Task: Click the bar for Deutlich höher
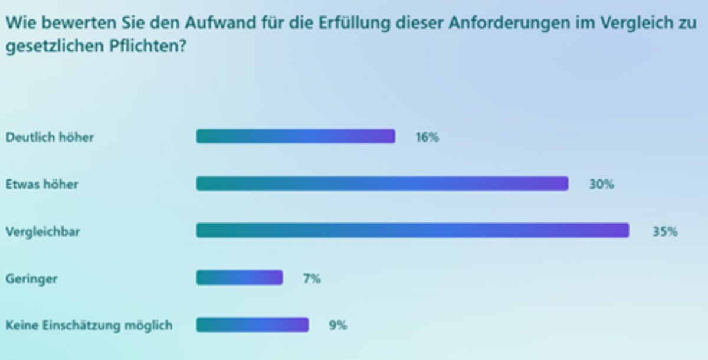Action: [295, 136]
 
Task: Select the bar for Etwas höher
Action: [382, 184]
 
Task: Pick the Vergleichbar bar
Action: [412, 231]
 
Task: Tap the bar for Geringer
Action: [239, 278]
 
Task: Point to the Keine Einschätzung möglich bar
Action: [252, 325]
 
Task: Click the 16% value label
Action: [427, 138]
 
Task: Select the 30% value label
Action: [601, 185]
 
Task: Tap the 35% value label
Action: [665, 232]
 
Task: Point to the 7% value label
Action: [312, 279]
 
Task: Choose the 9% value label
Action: [337, 326]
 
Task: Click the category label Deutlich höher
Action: [50, 138]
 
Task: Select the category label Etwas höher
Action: [42, 185]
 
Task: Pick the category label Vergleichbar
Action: [42, 232]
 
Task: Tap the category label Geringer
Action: [31, 279]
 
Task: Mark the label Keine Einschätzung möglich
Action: [88, 326]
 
